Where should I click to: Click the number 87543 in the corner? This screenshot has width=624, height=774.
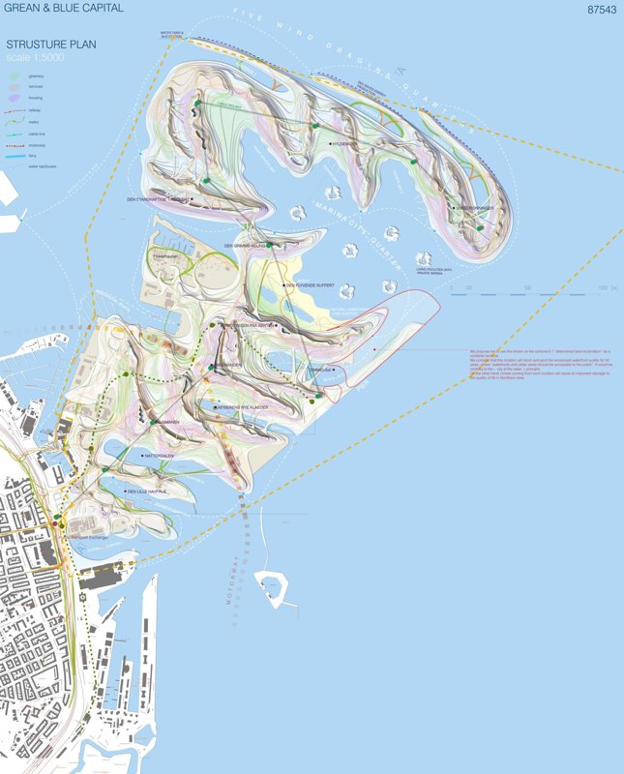601,10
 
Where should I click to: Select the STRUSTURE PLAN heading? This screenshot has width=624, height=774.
50,44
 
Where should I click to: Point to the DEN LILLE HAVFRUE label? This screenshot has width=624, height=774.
146,491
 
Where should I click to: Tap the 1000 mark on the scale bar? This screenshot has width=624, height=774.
602,287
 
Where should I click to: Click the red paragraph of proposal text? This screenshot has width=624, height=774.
537,369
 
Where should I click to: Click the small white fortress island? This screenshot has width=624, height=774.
273,587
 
